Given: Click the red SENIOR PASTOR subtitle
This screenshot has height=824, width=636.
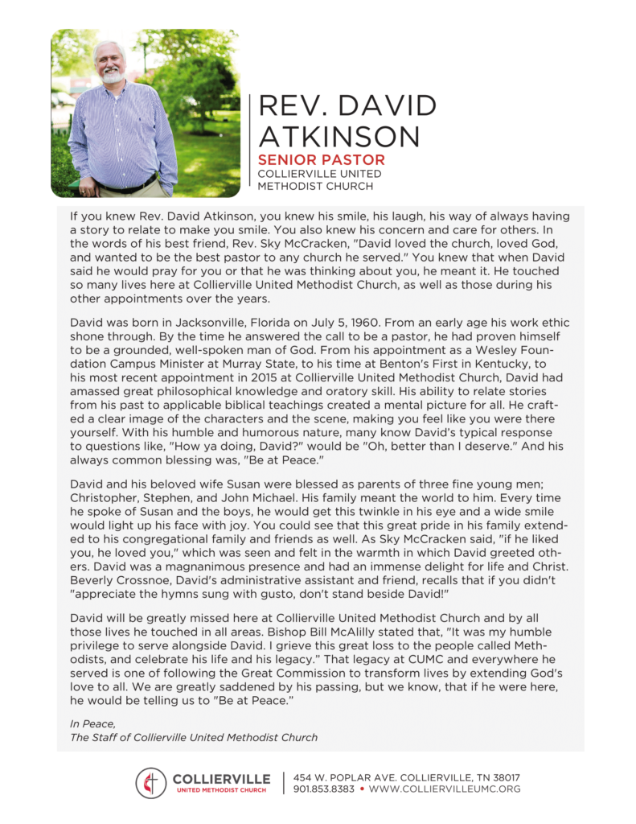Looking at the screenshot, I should [321, 160].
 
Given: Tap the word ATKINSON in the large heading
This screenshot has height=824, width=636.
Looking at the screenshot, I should [339, 135].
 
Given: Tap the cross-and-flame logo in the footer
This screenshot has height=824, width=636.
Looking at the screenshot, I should [150, 783].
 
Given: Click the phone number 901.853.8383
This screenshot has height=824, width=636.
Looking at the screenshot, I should [323, 789].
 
